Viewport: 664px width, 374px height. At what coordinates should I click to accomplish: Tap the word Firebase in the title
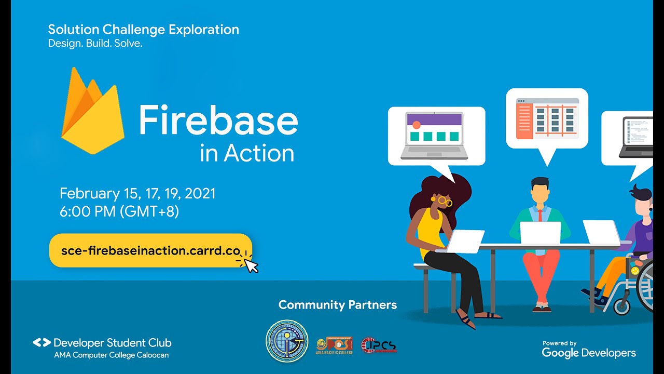pyautogui.click(x=218, y=119)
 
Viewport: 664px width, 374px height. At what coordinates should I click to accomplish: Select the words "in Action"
pyautogui.click(x=247, y=153)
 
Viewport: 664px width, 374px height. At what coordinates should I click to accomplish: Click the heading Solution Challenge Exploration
pyautogui.click(x=143, y=30)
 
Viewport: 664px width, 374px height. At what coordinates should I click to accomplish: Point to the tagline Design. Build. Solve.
pyautogui.click(x=95, y=44)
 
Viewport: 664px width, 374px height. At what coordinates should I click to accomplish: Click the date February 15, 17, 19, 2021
pyautogui.click(x=137, y=194)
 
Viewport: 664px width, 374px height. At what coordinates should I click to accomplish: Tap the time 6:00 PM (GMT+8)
pyautogui.click(x=119, y=211)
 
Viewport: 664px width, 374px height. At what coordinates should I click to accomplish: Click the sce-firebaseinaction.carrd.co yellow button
pyautogui.click(x=150, y=250)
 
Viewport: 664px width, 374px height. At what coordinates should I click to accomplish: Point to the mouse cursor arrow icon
pyautogui.click(x=251, y=265)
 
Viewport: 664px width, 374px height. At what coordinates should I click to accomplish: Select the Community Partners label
pyautogui.click(x=337, y=305)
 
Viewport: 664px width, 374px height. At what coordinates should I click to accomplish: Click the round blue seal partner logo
pyautogui.click(x=287, y=341)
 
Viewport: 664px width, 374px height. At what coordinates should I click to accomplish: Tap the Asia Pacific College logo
pyautogui.click(x=334, y=345)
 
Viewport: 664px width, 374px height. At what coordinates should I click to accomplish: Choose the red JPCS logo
pyautogui.click(x=379, y=345)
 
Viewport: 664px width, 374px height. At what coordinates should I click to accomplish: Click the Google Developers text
pyautogui.click(x=589, y=353)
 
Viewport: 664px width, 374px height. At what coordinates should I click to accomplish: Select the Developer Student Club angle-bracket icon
pyautogui.click(x=41, y=343)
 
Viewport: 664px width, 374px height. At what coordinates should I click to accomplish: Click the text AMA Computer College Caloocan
pyautogui.click(x=111, y=355)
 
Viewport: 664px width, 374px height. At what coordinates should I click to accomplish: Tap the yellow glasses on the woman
pyautogui.click(x=445, y=201)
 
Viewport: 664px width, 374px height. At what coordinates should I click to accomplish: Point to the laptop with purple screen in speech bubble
pyautogui.click(x=434, y=136)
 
